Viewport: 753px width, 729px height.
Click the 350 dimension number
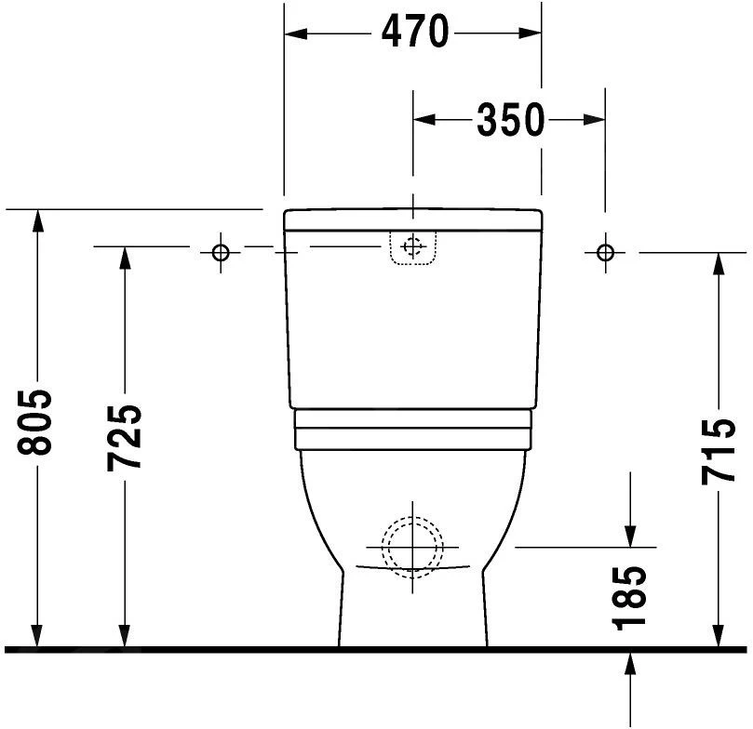coord(510,120)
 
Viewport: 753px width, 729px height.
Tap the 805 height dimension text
coord(37,424)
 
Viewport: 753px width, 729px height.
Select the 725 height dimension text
coord(125,437)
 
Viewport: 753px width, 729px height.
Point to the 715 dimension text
coord(719,452)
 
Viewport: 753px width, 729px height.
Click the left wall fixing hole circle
coord(221,252)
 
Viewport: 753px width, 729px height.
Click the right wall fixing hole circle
coord(605,252)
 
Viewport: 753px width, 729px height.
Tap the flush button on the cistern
coord(413,247)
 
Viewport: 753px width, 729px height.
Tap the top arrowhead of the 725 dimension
coord(125,258)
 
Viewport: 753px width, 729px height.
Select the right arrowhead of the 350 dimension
coord(596,120)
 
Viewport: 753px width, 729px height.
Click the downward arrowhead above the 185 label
coord(631,537)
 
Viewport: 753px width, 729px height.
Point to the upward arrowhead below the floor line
coord(631,662)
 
